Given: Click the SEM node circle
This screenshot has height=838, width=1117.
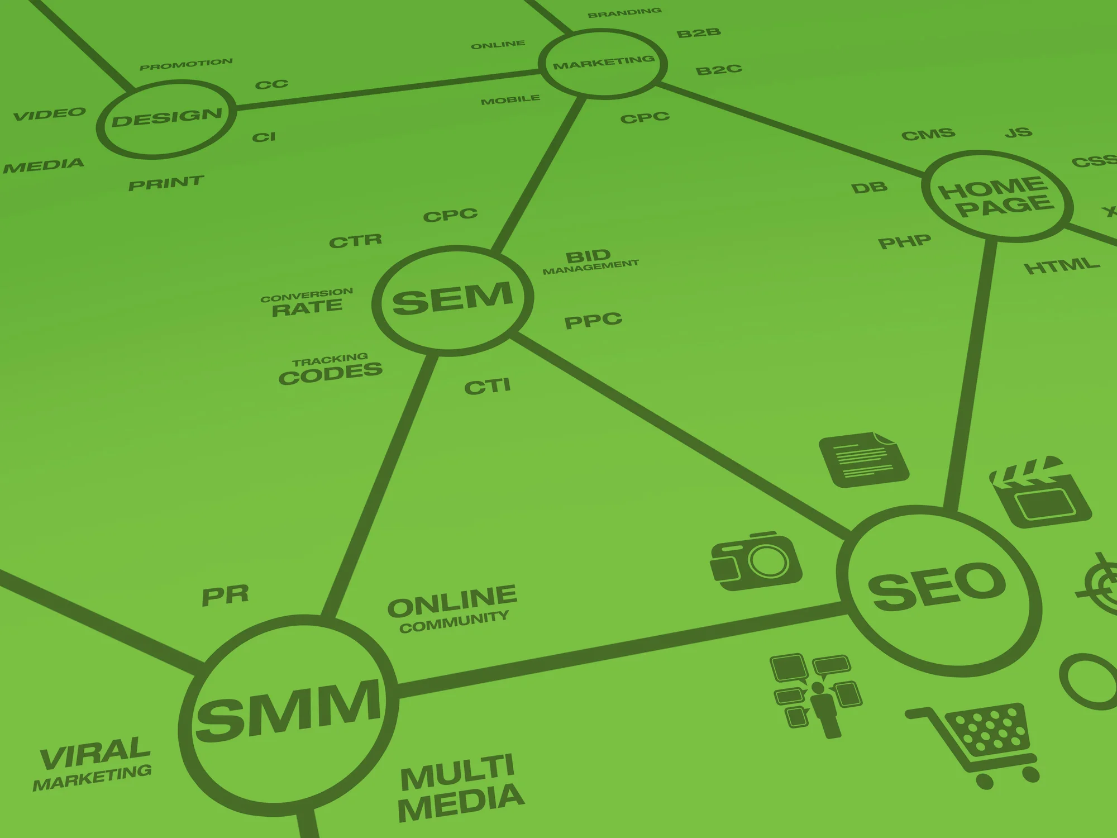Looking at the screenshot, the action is click(453, 300).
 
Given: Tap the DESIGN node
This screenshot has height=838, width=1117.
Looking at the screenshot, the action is click(166, 118).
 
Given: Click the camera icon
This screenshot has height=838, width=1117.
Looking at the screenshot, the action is click(756, 561).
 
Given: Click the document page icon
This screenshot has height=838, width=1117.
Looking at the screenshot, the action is click(863, 459).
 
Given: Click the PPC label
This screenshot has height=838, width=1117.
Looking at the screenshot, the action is click(593, 321).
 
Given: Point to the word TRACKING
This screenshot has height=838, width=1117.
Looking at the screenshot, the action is click(330, 359).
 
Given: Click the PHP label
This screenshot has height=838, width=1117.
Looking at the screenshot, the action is click(904, 242).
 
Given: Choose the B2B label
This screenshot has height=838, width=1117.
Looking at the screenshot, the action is click(698, 33).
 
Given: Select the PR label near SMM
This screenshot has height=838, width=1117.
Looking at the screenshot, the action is click(225, 596).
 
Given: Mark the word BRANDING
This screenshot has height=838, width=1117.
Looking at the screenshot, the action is click(624, 12).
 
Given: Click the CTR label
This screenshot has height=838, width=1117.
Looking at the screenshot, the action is click(355, 241).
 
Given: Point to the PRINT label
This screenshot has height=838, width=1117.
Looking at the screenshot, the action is click(166, 183).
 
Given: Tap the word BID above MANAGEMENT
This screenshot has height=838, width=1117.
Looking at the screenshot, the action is click(588, 256).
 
